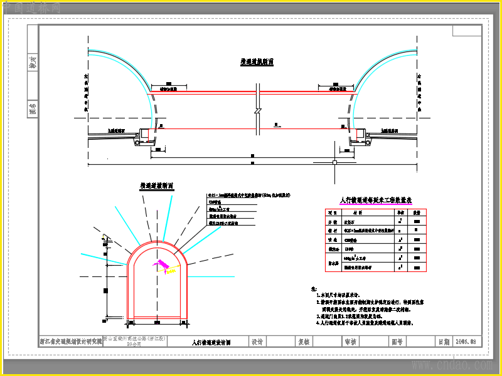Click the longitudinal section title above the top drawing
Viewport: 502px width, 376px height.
pyautogui.click(x=257, y=62)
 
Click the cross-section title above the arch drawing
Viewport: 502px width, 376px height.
pyautogui.click(x=156, y=186)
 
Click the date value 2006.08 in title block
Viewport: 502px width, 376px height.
pyautogui.click(x=466, y=342)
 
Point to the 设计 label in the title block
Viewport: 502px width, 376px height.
pyautogui.click(x=257, y=342)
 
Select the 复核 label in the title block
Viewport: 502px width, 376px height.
pyautogui.click(x=304, y=342)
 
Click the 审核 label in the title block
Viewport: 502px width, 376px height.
pyautogui.click(x=350, y=342)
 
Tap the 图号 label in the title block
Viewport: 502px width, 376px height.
pyautogui.click(x=397, y=342)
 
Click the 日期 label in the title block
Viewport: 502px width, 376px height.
pyautogui.click(x=444, y=342)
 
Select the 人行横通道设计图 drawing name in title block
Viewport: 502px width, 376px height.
pyautogui.click(x=211, y=343)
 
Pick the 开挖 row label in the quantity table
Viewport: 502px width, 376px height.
pyautogui.click(x=333, y=221)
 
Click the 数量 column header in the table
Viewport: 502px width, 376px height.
pyautogui.click(x=416, y=212)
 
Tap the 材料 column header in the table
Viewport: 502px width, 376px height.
pyautogui.click(x=365, y=212)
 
